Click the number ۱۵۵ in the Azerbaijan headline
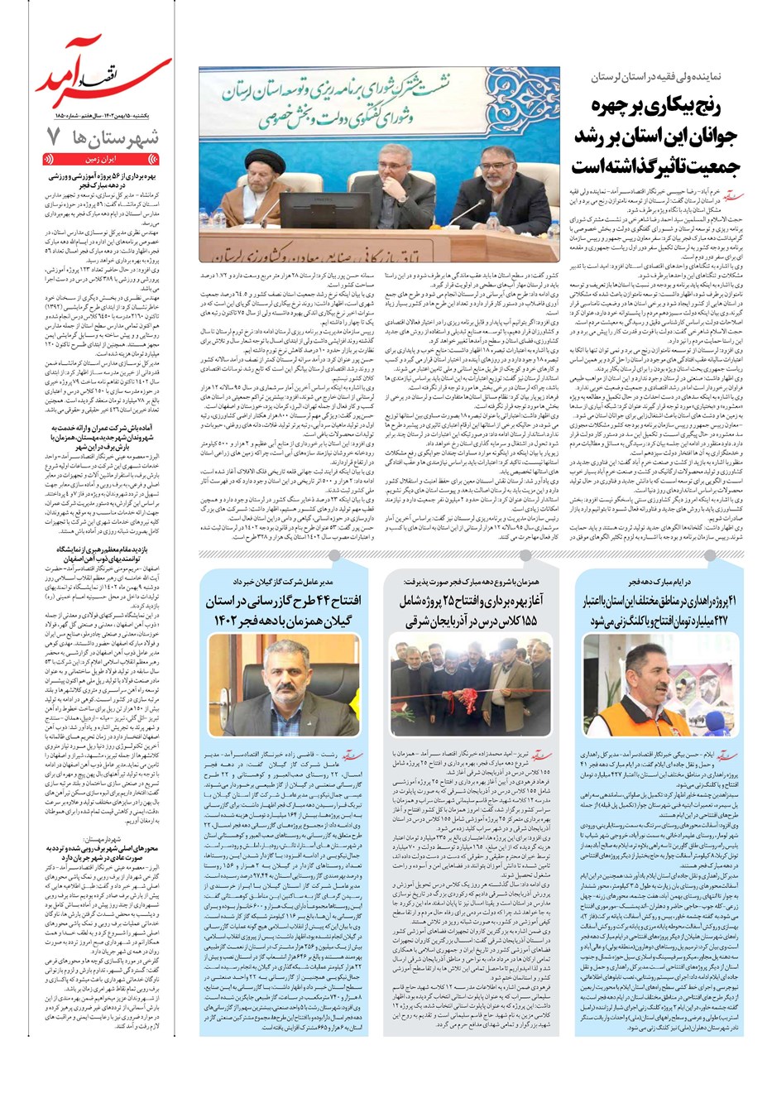pyautogui.click(x=523, y=621)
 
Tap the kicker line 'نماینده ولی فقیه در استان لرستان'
pyautogui.click(x=651, y=76)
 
